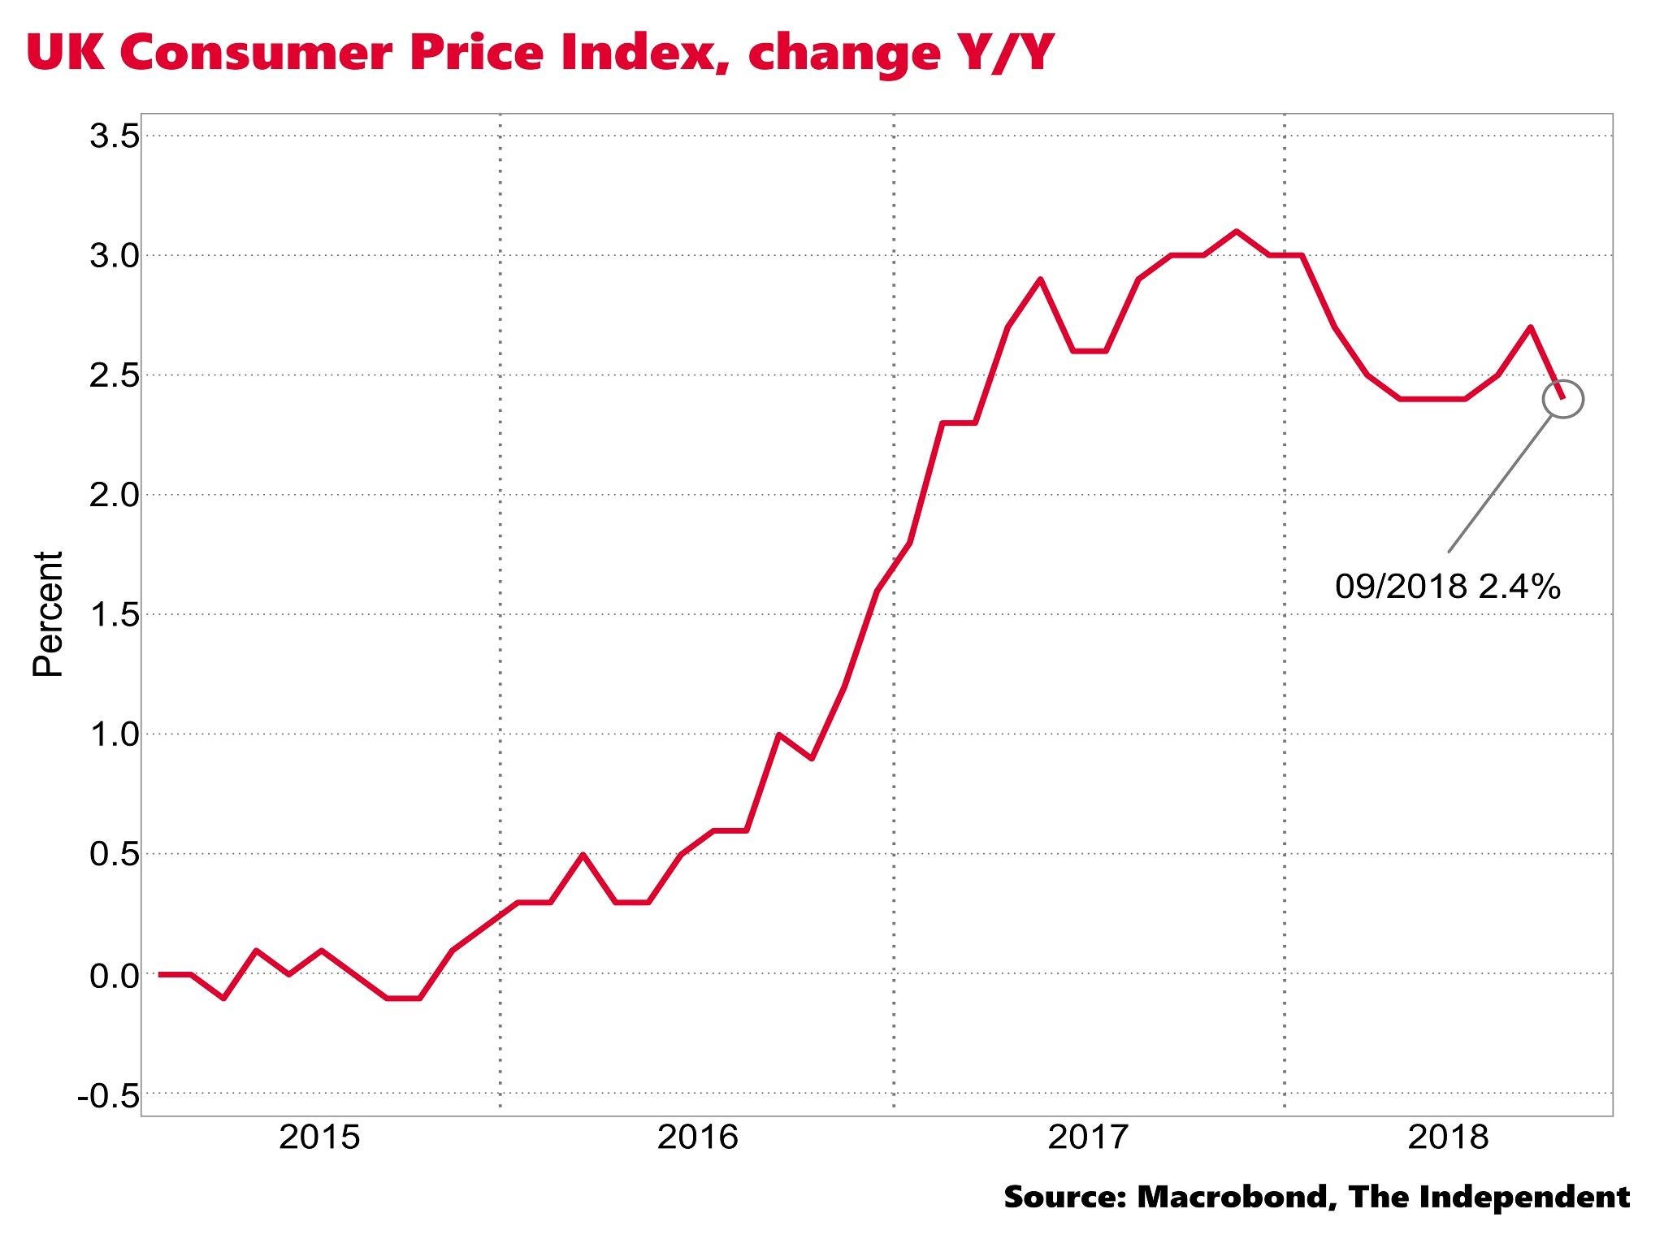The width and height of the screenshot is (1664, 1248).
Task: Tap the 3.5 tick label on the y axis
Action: click(114, 136)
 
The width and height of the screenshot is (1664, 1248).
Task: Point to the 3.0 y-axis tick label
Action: click(114, 256)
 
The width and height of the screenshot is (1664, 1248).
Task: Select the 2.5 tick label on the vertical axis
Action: click(114, 375)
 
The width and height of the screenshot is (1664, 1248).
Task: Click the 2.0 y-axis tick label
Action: click(114, 495)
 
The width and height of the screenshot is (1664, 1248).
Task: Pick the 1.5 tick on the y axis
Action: click(114, 615)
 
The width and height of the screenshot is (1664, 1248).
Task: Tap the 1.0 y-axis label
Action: click(114, 734)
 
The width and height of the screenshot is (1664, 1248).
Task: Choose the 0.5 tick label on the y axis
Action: click(114, 854)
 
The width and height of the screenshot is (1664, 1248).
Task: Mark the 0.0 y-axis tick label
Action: click(114, 974)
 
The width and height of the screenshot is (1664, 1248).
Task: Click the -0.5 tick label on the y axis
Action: click(108, 1095)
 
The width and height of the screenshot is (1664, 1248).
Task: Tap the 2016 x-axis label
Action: click(697, 1137)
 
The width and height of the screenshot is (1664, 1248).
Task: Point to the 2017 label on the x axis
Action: click(1088, 1137)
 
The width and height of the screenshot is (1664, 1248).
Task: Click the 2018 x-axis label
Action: click(1448, 1137)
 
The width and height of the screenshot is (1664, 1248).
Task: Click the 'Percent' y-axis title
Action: click(48, 614)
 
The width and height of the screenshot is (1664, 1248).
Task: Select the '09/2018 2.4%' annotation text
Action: click(1447, 586)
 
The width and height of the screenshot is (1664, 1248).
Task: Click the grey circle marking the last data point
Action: click(1562, 399)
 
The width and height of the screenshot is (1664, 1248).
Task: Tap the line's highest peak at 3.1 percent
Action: click(1236, 232)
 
